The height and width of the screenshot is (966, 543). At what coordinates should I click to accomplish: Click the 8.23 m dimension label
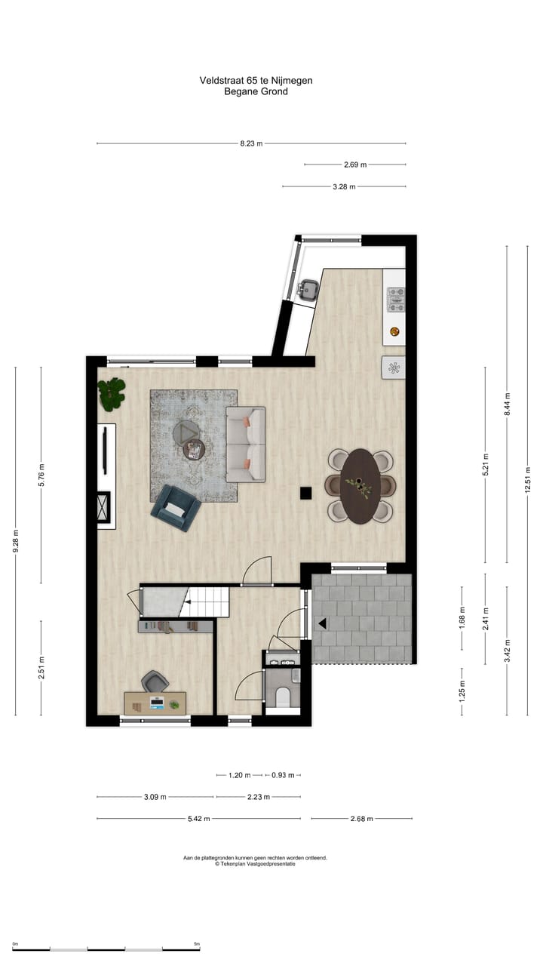tap(251, 143)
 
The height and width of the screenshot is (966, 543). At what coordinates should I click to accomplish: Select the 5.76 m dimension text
tap(41, 475)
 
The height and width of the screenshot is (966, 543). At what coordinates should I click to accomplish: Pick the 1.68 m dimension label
tap(462, 617)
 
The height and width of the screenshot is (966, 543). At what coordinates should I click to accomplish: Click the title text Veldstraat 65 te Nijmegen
tap(256, 80)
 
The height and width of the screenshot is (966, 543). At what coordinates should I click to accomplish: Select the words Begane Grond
tap(256, 92)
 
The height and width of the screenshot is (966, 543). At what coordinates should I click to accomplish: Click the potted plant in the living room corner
tap(112, 394)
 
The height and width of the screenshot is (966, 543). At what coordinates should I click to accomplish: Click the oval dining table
tap(360, 485)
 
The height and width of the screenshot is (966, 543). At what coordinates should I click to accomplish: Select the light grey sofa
tap(246, 445)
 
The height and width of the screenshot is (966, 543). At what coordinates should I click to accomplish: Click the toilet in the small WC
tap(284, 697)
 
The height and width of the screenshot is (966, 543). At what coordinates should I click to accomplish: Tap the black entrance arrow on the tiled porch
tap(322, 623)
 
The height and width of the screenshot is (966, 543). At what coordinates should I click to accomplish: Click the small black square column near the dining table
tap(306, 493)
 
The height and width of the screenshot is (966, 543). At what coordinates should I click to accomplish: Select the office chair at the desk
tap(155, 681)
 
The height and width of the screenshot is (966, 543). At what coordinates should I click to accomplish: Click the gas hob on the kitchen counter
tap(395, 300)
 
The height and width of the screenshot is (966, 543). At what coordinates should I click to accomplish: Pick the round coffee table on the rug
tap(194, 450)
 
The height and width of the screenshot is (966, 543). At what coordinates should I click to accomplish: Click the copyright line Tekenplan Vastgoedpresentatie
tap(256, 864)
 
